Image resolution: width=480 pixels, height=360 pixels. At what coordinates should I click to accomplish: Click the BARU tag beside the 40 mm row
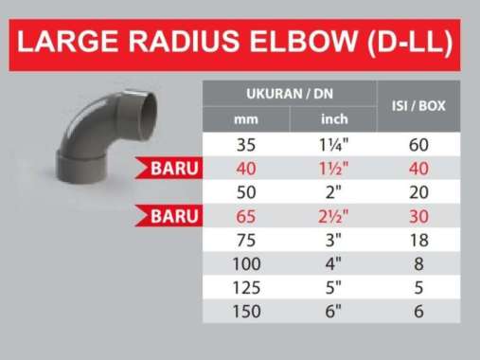click(x=173, y=170)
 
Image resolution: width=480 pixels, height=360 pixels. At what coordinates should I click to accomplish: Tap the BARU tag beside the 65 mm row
click(x=173, y=215)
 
